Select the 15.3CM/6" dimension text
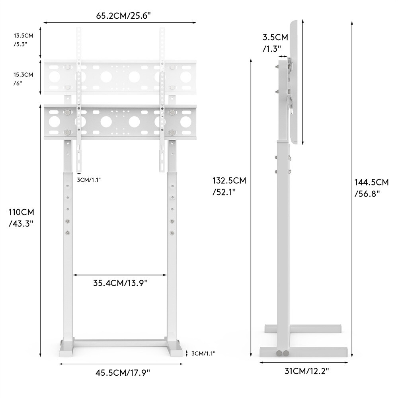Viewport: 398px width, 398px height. (x=23, y=79)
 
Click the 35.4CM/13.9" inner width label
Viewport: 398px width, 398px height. (x=121, y=283)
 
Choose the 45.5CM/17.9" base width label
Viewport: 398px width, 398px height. (x=123, y=373)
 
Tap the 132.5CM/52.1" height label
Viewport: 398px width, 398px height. (x=229, y=185)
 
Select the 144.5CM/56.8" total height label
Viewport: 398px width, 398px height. (x=371, y=187)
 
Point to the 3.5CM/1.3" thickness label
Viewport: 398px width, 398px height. (x=275, y=43)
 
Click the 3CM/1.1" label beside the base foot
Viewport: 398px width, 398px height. (x=203, y=353)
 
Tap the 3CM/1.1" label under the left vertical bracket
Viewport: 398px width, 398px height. (x=89, y=179)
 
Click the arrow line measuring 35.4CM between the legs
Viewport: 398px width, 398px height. (x=120, y=275)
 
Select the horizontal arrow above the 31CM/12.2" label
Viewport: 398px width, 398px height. (x=304, y=362)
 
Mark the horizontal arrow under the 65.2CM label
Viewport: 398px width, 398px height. (x=120, y=23)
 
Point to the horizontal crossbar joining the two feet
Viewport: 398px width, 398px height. (x=120, y=343)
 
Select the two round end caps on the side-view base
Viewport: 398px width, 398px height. (x=282, y=353)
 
